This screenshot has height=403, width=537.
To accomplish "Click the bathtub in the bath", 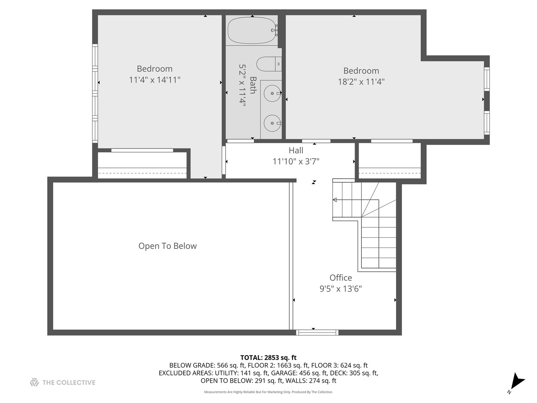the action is click(252, 30).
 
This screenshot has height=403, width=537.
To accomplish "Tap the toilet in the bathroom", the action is click(269, 64).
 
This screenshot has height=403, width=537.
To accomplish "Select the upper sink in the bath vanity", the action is click(272, 93).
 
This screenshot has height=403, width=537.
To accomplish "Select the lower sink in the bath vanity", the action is click(272, 123).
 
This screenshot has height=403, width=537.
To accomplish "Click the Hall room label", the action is click(296, 150).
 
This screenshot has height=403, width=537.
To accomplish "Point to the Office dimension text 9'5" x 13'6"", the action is click(340, 289).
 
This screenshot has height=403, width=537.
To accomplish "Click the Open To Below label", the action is click(167, 246).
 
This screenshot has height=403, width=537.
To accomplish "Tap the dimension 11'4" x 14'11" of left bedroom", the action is click(155, 80).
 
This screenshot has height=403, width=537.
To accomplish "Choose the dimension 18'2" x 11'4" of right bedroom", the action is click(361, 81).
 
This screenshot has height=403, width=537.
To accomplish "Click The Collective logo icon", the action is click(35, 382).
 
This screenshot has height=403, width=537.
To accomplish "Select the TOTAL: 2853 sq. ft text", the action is click(268, 358).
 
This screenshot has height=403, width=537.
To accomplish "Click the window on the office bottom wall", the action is click(317, 332).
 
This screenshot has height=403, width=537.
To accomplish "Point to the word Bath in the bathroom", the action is click(253, 85).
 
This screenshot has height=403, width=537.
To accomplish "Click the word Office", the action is click(340, 278).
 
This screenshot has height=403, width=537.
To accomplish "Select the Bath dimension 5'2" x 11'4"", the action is click(242, 85).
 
